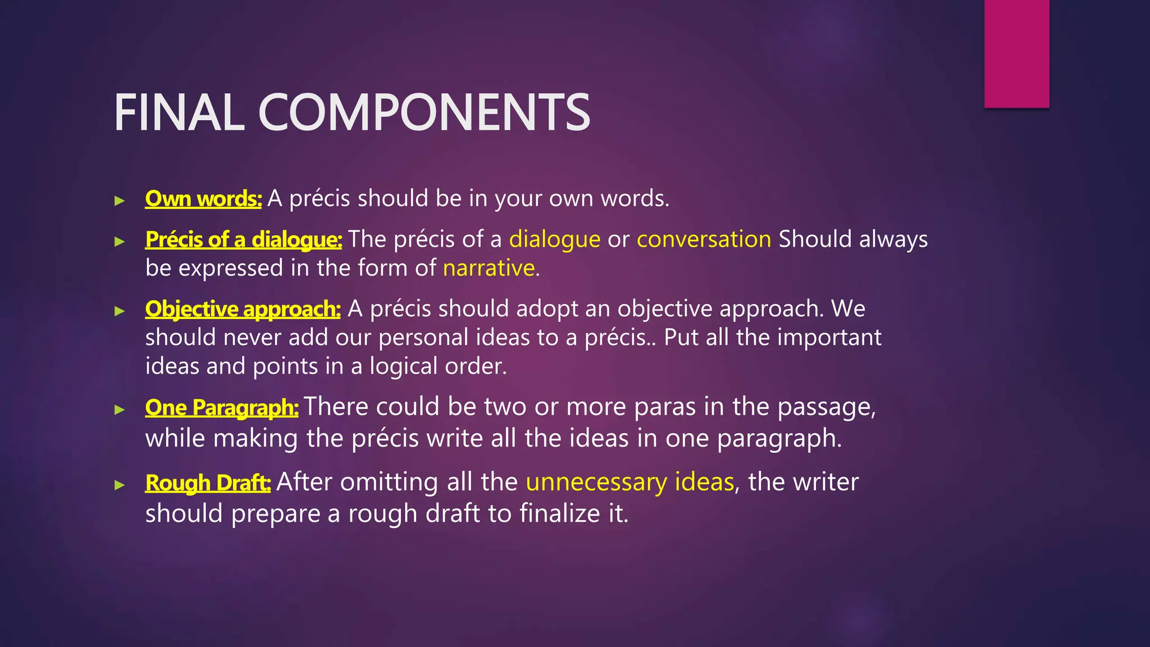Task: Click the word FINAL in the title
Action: click(179, 113)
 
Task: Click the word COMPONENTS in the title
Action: click(424, 113)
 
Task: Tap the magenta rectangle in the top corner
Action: click(1016, 53)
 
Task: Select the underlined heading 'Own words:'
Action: click(203, 199)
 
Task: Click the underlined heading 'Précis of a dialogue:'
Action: click(243, 240)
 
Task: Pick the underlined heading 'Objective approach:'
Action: click(243, 309)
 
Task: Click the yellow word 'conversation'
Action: click(704, 239)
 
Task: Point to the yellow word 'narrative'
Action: click(489, 268)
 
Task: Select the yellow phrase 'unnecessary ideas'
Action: click(630, 482)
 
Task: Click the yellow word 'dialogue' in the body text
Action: click(555, 240)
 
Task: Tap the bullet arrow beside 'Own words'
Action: click(119, 201)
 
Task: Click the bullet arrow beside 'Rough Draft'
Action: click(119, 485)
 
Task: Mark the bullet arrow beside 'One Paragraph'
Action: click(119, 409)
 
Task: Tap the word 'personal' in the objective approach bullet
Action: click(423, 338)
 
